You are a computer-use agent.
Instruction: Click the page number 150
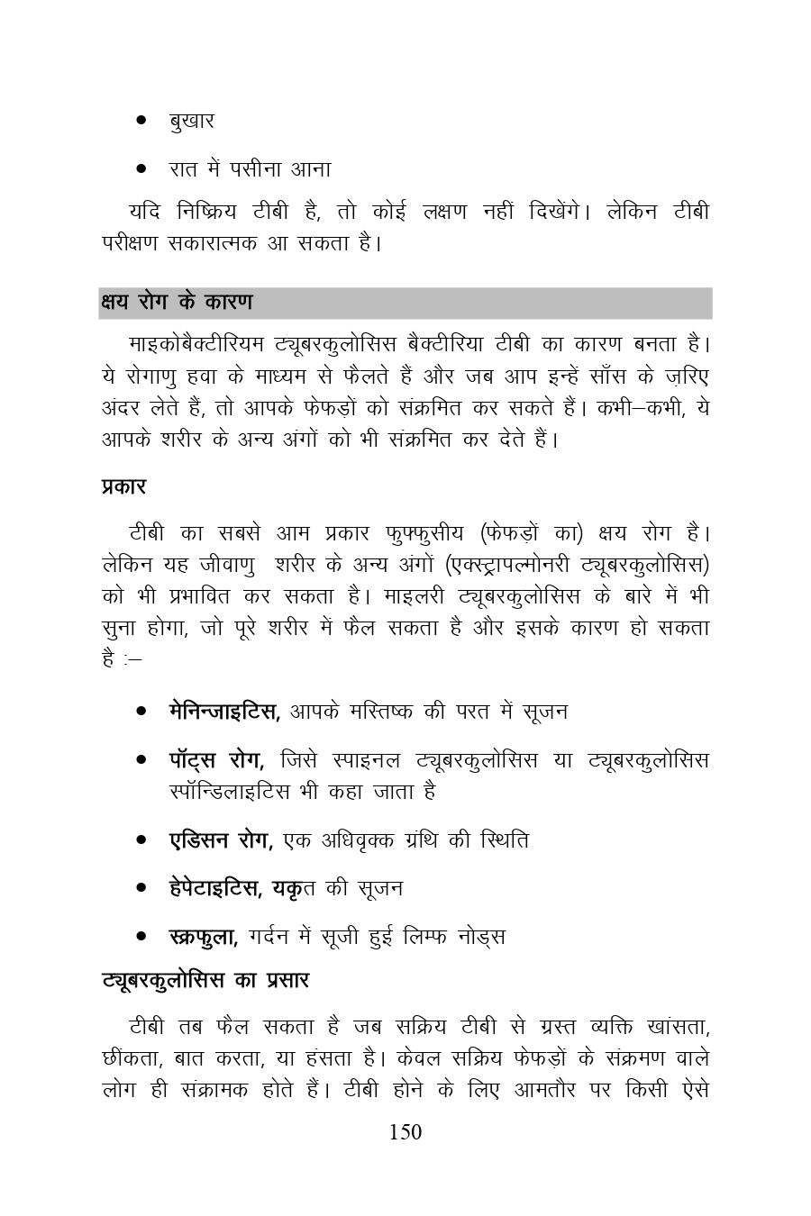tap(405, 1132)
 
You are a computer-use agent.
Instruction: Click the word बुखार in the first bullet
tap(191, 121)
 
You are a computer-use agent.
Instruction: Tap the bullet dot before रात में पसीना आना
tap(141, 168)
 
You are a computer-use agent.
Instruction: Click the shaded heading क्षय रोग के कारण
tap(177, 303)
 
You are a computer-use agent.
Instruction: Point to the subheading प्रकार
tap(123, 487)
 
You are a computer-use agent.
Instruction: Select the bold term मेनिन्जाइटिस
tap(224, 712)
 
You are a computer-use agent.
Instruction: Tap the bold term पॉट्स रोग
tap(215, 760)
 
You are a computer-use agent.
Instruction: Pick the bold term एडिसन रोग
tap(221, 840)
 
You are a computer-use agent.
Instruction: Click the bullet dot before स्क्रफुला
tap(141, 938)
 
